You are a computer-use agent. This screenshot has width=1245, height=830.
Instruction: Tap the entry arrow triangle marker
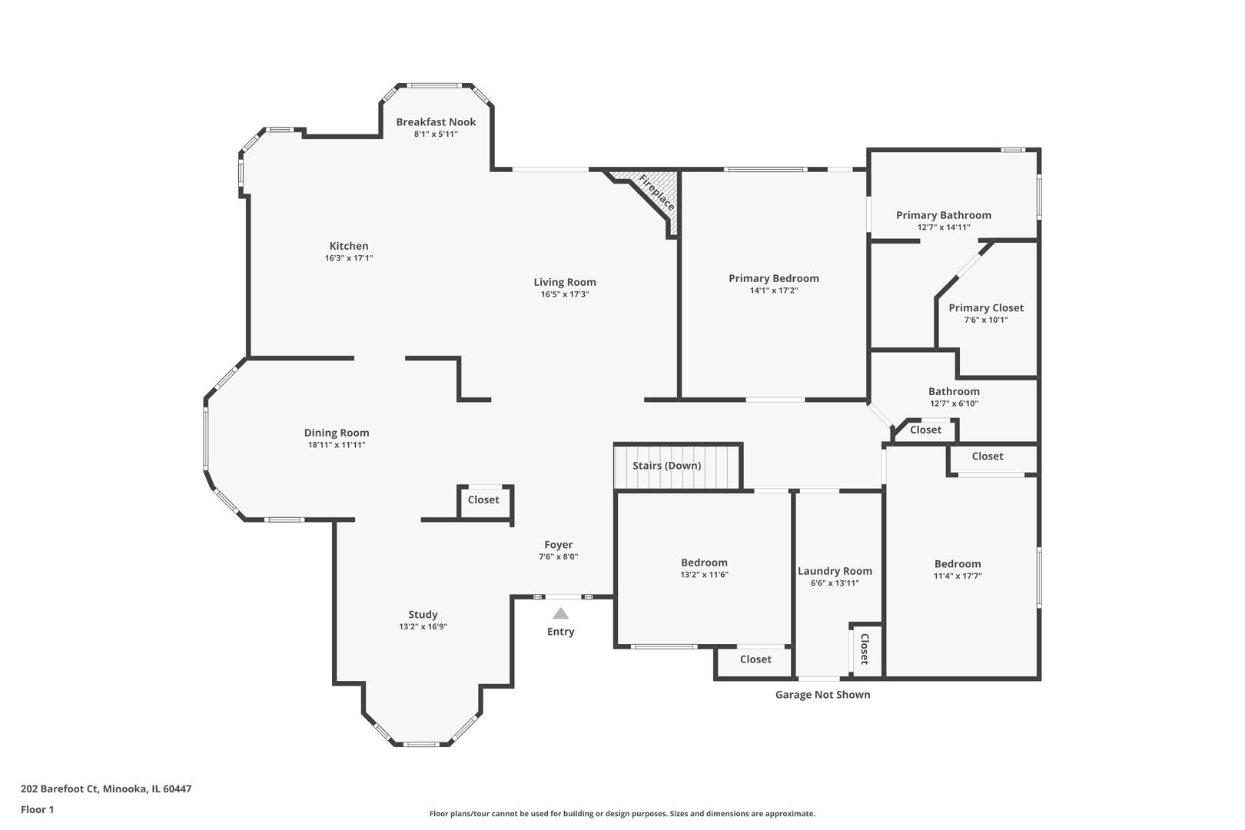(x=561, y=613)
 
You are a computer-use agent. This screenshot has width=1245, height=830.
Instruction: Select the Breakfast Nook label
(x=436, y=121)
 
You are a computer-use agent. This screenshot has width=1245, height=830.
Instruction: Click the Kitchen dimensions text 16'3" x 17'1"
(x=349, y=259)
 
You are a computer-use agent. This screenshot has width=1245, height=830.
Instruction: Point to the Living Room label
(x=565, y=282)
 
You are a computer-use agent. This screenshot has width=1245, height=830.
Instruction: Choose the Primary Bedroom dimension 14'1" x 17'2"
(x=774, y=290)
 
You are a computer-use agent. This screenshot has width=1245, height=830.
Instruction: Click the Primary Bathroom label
(x=944, y=215)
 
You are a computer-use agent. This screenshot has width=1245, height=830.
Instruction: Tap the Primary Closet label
(x=986, y=307)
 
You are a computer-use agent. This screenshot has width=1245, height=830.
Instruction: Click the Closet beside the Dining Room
(x=483, y=500)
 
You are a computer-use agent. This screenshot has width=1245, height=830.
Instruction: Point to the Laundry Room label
(x=835, y=571)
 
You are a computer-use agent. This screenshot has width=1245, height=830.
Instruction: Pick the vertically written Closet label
(x=865, y=649)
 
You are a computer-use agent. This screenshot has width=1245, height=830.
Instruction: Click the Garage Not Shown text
(x=822, y=695)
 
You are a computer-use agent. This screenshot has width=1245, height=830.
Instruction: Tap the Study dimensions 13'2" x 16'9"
(x=423, y=627)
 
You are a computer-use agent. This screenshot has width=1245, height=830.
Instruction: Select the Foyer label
(x=559, y=545)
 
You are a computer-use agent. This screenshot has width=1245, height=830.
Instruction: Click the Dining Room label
(x=337, y=433)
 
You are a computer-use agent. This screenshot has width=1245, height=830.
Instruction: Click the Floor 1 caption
(x=37, y=809)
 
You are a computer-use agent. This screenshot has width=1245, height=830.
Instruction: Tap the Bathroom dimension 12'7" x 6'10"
(x=954, y=403)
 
